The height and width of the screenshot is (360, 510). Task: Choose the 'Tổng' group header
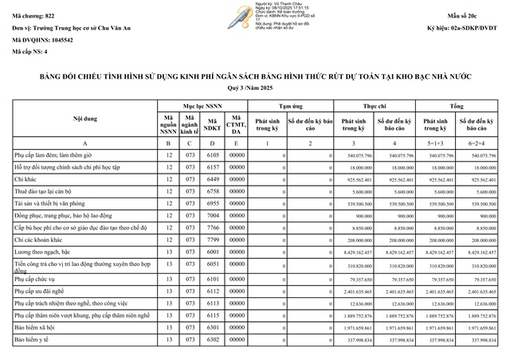(x=457, y=104)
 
